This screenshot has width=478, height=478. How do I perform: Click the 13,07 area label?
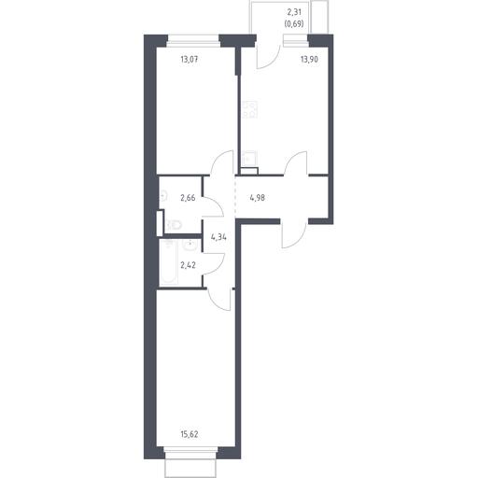pyautogui.click(x=190, y=59)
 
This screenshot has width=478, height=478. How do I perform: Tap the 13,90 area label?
pyautogui.click(x=309, y=59)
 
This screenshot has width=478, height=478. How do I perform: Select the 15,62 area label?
pyautogui.click(x=190, y=434)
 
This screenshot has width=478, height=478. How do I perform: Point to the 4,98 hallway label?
pyautogui.click(x=258, y=198)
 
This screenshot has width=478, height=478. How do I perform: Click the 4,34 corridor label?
pyautogui.click(x=218, y=237)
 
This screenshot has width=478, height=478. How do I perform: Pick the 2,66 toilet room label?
pyautogui.click(x=188, y=198)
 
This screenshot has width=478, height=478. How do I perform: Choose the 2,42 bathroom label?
pyautogui.click(x=188, y=265)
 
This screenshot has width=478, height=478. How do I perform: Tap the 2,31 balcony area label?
pyautogui.click(x=294, y=13)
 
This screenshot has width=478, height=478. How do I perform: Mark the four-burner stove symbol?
pyautogui.click(x=249, y=109)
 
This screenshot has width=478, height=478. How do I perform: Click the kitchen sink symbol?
pyautogui.click(x=249, y=159)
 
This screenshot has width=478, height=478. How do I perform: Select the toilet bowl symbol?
pyautogui.click(x=174, y=224)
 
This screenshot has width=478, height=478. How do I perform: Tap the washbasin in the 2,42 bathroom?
pyautogui.click(x=190, y=246)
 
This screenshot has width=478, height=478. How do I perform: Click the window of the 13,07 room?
pyautogui.click(x=193, y=40)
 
